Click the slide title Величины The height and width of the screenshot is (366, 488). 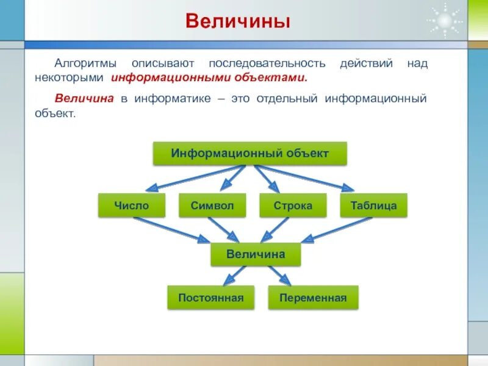tap(238, 22)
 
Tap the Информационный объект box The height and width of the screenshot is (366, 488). tap(249, 153)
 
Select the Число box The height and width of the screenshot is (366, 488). tap(131, 206)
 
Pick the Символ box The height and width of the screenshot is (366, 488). tap(212, 206)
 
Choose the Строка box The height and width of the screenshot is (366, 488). tap(293, 206)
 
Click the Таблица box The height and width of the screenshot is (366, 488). tap(373, 206)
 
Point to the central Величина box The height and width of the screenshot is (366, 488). tap(256, 254)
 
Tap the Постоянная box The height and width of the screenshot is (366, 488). tap(211, 298)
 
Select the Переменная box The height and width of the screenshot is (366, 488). tap(313, 298)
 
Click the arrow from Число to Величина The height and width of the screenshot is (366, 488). tap(171, 229)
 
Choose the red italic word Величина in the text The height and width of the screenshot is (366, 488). tap(85, 99)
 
